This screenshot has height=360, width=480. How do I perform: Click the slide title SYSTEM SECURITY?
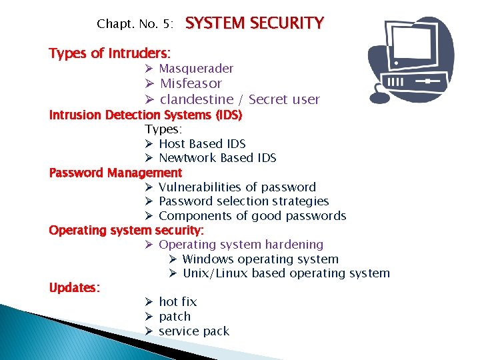254,23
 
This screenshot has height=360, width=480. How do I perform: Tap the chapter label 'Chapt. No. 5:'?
135,24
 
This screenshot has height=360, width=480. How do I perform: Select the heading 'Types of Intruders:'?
109,53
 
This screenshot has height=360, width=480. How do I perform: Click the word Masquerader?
196,68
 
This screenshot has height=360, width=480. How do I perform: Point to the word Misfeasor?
191,83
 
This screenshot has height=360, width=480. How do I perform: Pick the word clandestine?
201,99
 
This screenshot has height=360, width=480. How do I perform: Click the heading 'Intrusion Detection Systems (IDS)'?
145,115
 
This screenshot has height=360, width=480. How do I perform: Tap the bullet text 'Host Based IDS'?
202,143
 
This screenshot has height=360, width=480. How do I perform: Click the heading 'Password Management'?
115,173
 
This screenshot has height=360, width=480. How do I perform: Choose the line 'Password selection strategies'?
244,201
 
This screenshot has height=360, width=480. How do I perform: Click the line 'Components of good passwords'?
253,216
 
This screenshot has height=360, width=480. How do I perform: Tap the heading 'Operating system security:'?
127,230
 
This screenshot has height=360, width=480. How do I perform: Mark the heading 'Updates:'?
75,287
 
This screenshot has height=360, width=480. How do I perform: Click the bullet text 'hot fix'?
177,302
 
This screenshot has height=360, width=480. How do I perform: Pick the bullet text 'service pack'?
193,331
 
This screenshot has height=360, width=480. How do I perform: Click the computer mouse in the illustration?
380,96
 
